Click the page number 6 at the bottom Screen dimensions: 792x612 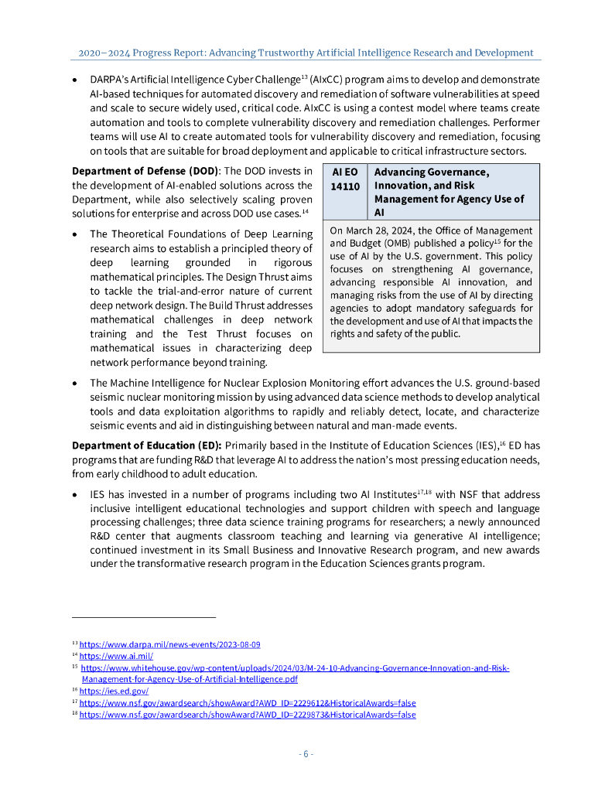[x=306, y=754]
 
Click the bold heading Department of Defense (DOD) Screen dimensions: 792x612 [x=145, y=171]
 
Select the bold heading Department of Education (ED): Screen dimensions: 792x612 [x=146, y=445]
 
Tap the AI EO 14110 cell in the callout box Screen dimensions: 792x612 [x=344, y=179]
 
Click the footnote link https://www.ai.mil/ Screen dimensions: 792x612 [x=115, y=656]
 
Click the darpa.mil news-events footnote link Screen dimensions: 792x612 [x=169, y=644]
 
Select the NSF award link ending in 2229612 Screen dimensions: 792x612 [x=247, y=703]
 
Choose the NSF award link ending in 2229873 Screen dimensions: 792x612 [x=247, y=715]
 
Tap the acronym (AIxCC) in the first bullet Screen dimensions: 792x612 [x=331, y=80]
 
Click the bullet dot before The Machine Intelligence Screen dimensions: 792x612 [x=74, y=384]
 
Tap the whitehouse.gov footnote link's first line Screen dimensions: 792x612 [x=294, y=667]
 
